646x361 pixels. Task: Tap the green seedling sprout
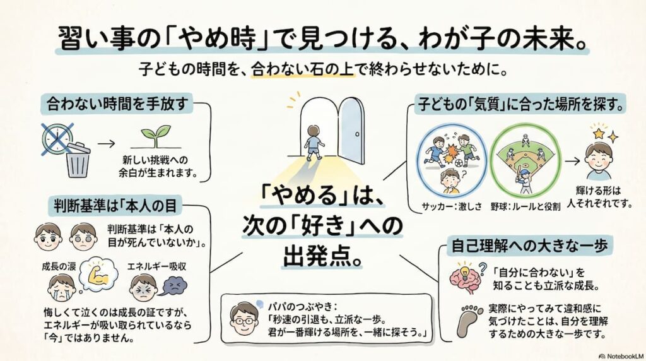[156, 136]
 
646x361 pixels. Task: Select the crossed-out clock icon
[57, 138]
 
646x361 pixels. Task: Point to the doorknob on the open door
[357, 134]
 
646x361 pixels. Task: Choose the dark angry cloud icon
[175, 286]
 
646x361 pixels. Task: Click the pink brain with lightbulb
[465, 276]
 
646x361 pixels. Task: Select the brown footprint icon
[470, 321]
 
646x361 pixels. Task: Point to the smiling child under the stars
[599, 161]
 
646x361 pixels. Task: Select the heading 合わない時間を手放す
[118, 104]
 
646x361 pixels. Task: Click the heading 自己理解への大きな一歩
[530, 246]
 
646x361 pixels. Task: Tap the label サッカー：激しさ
[452, 206]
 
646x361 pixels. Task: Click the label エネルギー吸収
[156, 266]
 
